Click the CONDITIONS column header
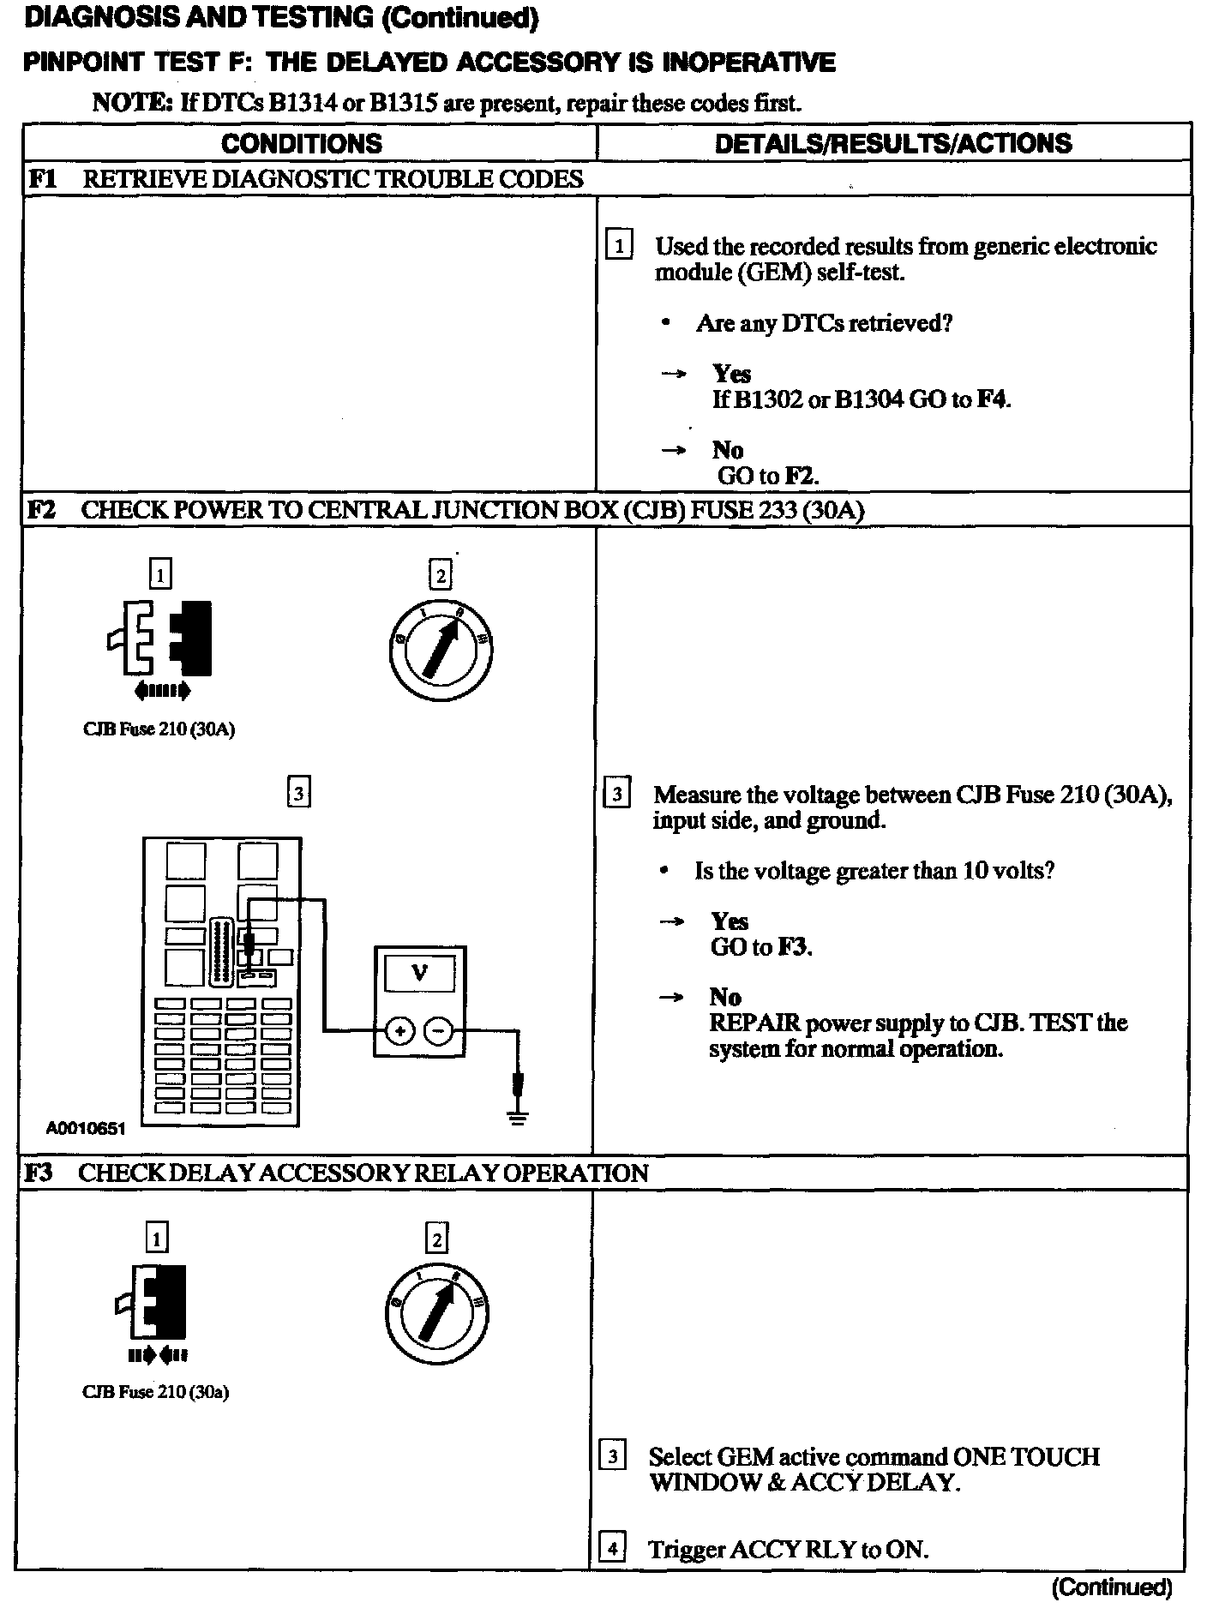click(301, 143)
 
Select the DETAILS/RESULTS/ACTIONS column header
click(892, 143)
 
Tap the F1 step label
click(41, 179)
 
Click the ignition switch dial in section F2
click(441, 646)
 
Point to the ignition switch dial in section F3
click(437, 1312)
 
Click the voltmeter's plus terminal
click(399, 1031)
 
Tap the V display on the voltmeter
click(420, 973)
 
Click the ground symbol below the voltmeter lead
click(517, 1116)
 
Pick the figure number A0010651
click(86, 1129)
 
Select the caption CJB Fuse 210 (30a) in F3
click(155, 1392)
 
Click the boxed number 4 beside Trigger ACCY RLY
click(611, 1549)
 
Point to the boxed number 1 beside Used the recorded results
click(618, 246)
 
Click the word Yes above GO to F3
click(730, 921)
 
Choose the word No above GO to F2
click(727, 450)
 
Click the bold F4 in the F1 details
click(993, 399)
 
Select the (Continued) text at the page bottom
click(1112, 1588)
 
